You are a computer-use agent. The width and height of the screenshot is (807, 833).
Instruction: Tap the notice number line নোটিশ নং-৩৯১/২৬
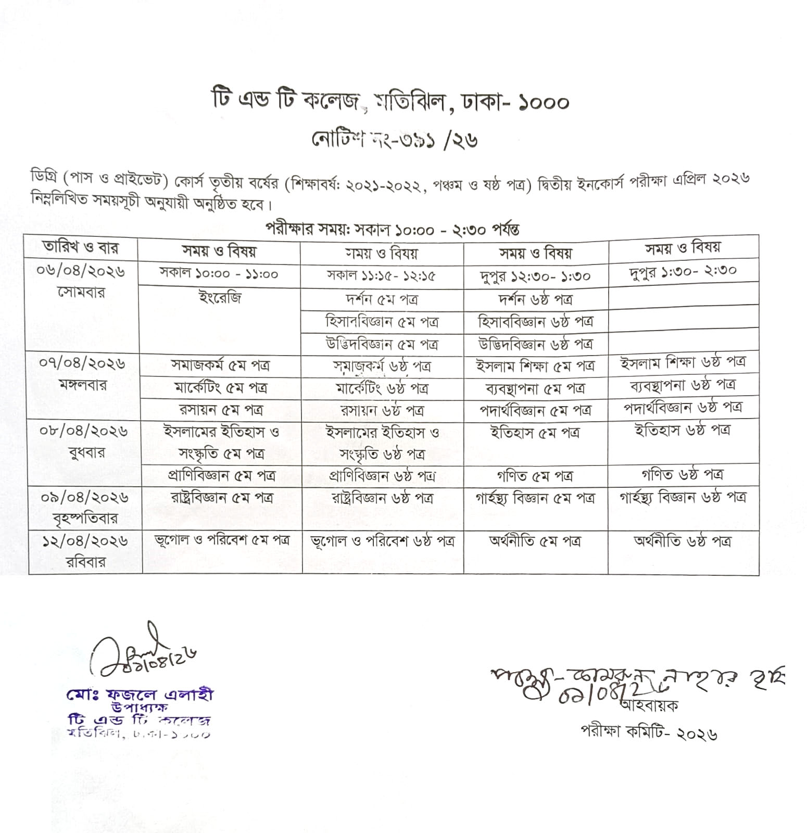click(x=394, y=140)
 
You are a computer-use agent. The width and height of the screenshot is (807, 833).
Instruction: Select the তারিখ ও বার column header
click(x=81, y=248)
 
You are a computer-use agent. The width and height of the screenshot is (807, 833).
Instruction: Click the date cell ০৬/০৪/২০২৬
click(x=82, y=271)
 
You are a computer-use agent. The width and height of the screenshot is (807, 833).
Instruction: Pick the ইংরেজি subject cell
click(x=220, y=299)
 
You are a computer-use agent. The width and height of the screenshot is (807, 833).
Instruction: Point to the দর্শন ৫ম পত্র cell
click(x=382, y=300)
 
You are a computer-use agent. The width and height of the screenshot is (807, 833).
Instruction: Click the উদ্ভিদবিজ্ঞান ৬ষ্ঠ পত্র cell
click(x=536, y=344)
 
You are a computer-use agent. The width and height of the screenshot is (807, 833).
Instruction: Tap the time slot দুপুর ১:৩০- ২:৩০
click(x=683, y=270)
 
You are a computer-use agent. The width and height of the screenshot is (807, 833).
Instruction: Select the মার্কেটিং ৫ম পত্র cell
click(x=221, y=388)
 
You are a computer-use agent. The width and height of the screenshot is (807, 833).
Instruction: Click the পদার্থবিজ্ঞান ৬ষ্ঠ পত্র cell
click(x=683, y=408)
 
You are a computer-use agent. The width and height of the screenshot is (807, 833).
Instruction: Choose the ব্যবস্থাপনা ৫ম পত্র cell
click(x=535, y=388)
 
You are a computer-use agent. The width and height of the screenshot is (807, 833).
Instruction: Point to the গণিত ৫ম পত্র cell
click(x=535, y=476)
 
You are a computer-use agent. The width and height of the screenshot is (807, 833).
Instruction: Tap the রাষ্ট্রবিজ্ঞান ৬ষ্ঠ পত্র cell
click(x=382, y=498)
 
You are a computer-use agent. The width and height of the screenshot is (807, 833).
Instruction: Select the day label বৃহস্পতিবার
click(x=85, y=519)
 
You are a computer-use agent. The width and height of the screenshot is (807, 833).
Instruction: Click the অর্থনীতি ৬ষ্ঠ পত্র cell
click(x=682, y=541)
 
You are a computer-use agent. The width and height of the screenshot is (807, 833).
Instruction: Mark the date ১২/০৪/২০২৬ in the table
click(x=85, y=541)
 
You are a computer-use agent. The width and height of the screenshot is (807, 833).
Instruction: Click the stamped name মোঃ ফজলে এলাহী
click(x=140, y=695)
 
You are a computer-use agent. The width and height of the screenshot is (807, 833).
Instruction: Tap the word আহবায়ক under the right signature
click(x=649, y=706)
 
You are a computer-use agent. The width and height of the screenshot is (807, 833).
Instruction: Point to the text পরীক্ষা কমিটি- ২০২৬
click(x=649, y=732)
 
